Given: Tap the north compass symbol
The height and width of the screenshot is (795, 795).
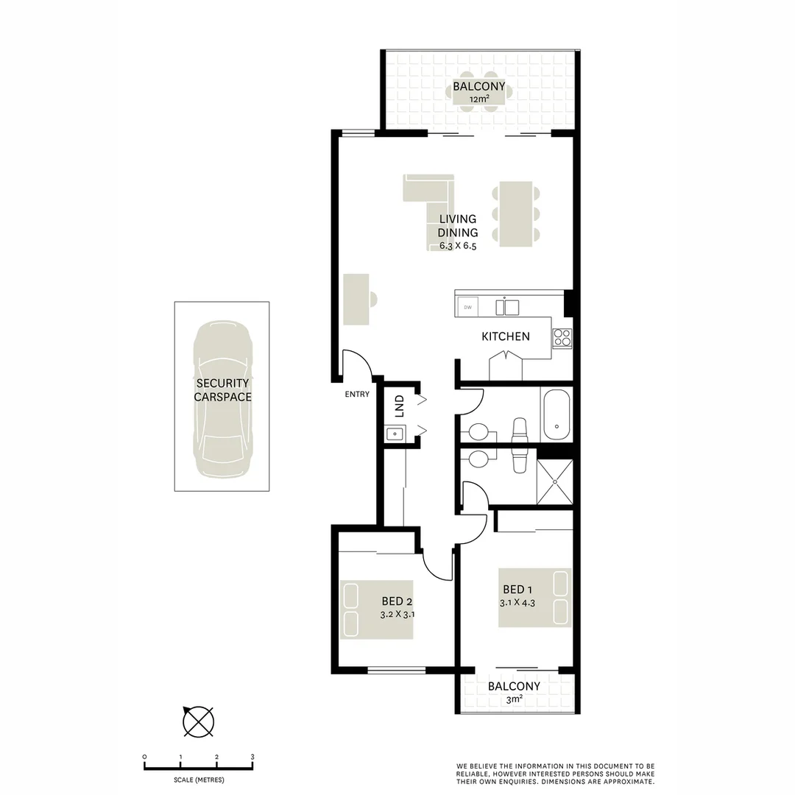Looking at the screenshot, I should [198, 721].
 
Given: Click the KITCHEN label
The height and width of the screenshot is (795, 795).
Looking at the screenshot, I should [505, 336].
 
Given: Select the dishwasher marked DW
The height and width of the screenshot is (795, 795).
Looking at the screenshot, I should [467, 306].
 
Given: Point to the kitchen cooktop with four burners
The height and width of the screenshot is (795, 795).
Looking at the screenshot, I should [562, 337].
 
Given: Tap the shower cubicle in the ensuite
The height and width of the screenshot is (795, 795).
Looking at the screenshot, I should [554, 482].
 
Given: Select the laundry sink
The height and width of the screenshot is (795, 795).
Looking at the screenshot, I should [395, 434].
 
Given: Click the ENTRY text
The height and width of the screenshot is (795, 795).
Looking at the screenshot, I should [357, 395].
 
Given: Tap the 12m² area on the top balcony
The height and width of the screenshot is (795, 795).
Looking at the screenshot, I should [478, 99].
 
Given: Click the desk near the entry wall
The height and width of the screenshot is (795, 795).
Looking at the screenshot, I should [356, 299].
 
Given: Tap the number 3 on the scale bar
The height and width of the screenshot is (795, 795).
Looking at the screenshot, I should [252, 757].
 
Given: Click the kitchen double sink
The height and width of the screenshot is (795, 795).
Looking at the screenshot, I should [507, 306].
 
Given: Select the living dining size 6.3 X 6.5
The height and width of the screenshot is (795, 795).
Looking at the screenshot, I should [458, 247].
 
